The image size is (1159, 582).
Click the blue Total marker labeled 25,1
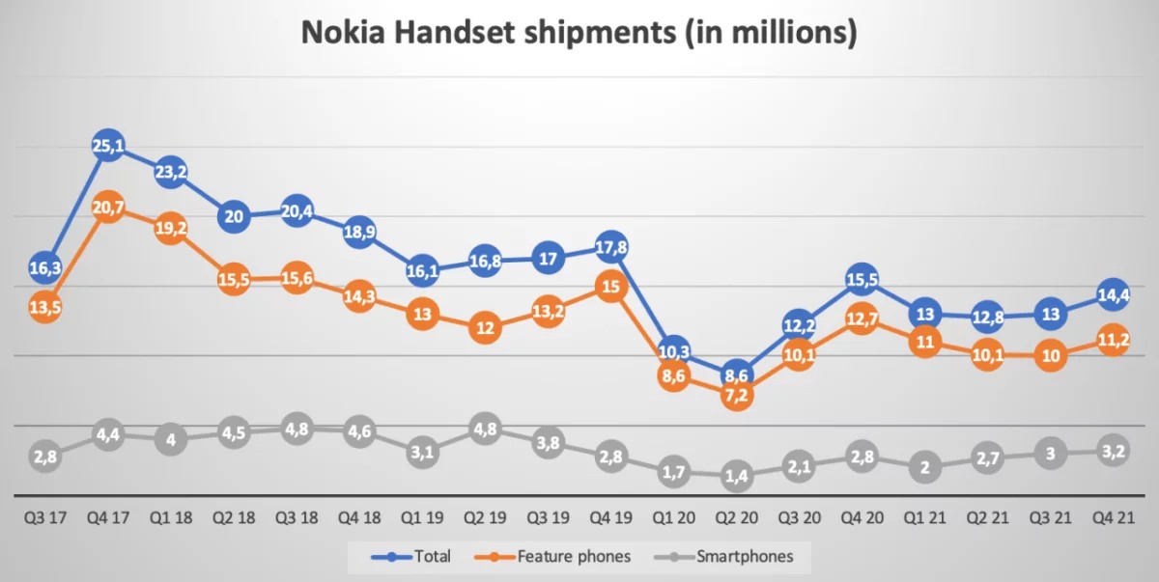tap(108, 147)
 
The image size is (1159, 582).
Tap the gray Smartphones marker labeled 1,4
tap(736, 474)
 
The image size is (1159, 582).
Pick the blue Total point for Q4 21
tap(1113, 294)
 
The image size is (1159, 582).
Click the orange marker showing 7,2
tap(736, 394)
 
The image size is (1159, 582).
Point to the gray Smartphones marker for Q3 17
tap(45, 455)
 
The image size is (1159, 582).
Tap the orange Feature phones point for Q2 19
tap(485, 328)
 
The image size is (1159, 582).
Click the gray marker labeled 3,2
tap(1113, 449)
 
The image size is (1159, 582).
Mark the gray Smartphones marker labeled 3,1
tap(422, 452)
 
